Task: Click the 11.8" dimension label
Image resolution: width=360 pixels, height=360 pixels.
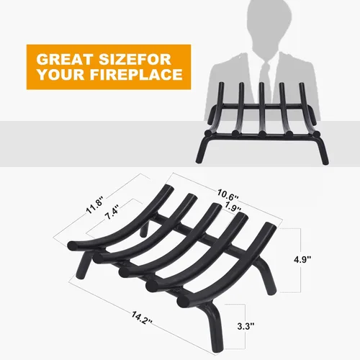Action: pos(95,204)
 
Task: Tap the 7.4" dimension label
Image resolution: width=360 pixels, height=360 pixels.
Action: pos(112,212)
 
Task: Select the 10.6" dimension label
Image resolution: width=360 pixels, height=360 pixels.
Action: pos(228,195)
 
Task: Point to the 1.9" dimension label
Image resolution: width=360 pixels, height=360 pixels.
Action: pos(232,207)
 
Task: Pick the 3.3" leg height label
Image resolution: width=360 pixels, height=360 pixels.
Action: pos(246,326)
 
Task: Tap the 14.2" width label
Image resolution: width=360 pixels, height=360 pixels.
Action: pos(142,318)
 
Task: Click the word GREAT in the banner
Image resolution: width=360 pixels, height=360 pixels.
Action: pos(65,59)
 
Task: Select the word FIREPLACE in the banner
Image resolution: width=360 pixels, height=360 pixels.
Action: pos(136,74)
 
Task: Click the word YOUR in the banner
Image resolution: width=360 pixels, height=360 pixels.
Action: pos(61,74)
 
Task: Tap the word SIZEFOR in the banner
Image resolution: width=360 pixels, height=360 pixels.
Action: pos(135,59)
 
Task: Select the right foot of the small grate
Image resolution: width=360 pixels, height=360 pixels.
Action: pos(323,151)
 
